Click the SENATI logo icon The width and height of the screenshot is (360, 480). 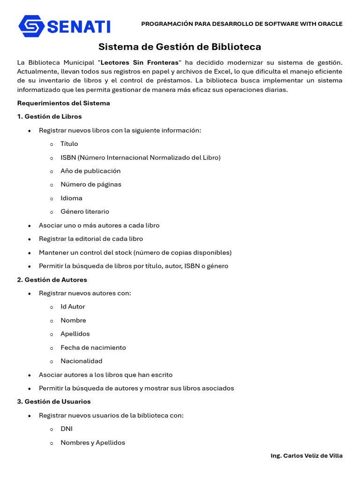tap(31, 26)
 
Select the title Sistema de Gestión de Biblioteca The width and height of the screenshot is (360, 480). tap(180, 47)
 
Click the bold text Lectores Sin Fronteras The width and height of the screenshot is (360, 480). tap(140, 62)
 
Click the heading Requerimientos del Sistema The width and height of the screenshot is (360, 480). tap(63, 103)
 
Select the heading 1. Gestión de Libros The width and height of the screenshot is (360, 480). tap(49, 117)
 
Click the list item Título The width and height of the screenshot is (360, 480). tap(69, 144)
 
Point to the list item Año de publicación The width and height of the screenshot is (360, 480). tap(90, 171)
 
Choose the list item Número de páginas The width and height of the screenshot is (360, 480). tap(91, 184)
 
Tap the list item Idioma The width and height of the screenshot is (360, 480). tap(71, 198)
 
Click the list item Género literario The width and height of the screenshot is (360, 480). tap(85, 212)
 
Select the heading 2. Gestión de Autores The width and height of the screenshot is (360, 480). tap(52, 280)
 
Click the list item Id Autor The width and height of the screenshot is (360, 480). tap(73, 307)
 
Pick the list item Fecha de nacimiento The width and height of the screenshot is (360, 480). tap(93, 348)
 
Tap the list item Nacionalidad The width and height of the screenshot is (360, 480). tap(82, 361)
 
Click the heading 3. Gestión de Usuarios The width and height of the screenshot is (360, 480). tap(54, 402)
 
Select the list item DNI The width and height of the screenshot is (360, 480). tap(67, 429)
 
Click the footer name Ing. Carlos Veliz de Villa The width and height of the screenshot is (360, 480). tap(307, 456)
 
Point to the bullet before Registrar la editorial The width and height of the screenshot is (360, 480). tap(30, 239)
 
